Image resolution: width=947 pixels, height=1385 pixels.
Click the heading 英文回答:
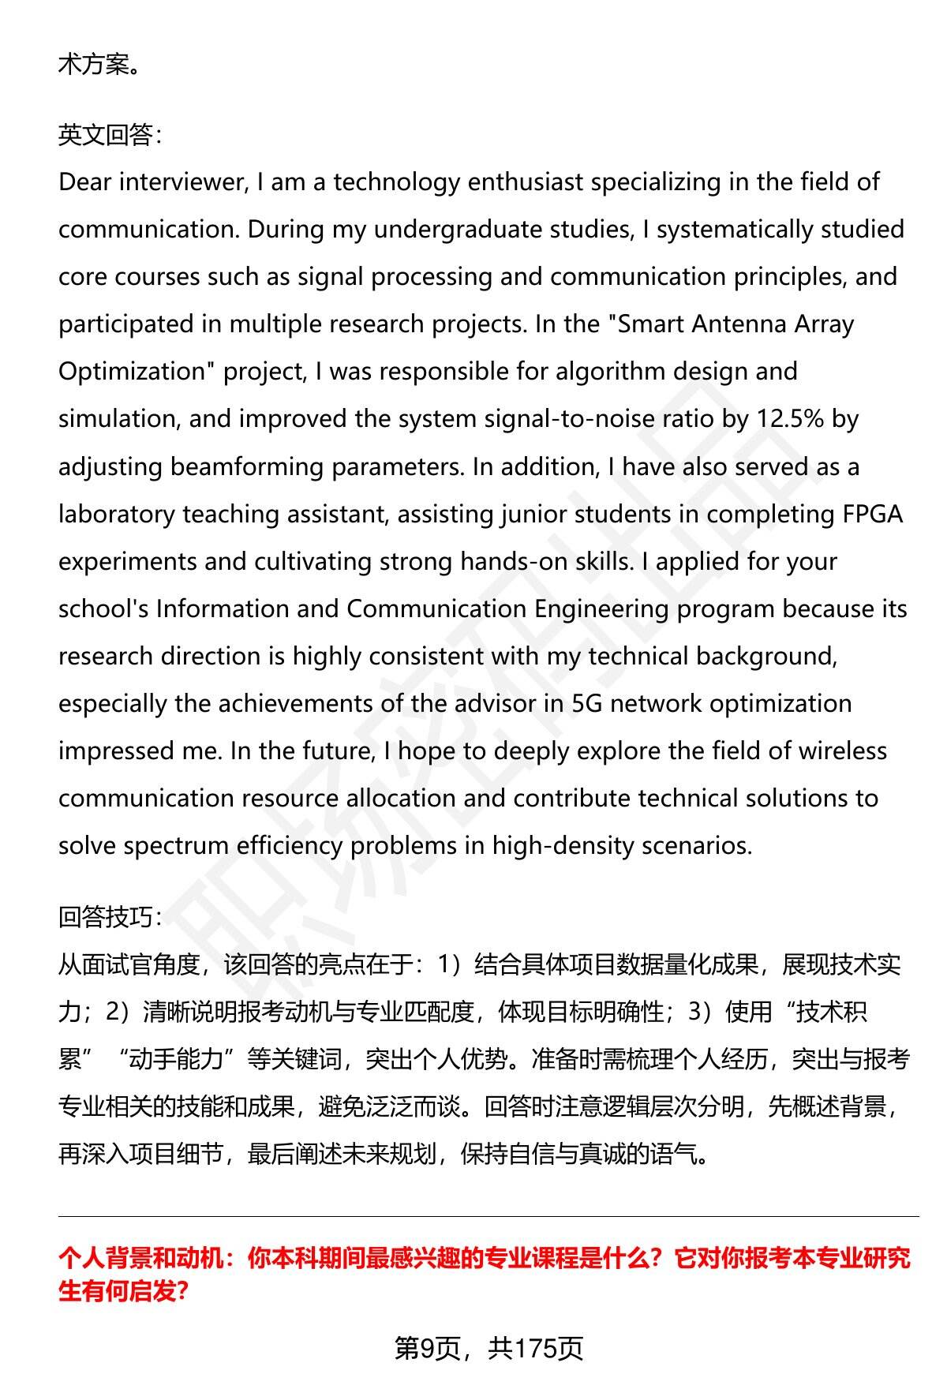click(x=110, y=136)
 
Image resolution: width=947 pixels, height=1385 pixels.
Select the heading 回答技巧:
click(x=110, y=917)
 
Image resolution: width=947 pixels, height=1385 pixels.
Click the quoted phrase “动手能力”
click(x=178, y=1059)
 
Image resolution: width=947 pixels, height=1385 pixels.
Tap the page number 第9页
click(x=427, y=1348)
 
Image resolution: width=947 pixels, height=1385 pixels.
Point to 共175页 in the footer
click(x=535, y=1348)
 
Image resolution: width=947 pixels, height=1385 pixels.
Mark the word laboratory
click(x=117, y=515)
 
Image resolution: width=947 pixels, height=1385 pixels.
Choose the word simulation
click(x=117, y=419)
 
